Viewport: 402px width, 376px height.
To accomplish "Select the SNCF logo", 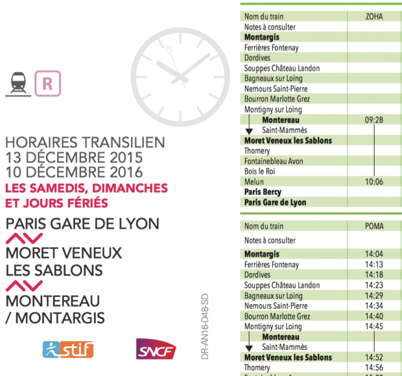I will pyautogui.click(x=156, y=350).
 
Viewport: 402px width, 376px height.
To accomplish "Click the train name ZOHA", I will pyautogui.click(x=373, y=16).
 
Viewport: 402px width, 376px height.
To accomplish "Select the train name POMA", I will pyautogui.click(x=373, y=226).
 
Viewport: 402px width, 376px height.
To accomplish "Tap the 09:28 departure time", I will pyautogui.click(x=373, y=120).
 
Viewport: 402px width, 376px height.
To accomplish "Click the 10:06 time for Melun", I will pyautogui.click(x=373, y=182).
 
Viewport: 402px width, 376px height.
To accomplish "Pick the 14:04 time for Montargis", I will pyautogui.click(x=373, y=254).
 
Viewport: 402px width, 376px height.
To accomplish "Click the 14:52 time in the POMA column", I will pyautogui.click(x=373, y=357).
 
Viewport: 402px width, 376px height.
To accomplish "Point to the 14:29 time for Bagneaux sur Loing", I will pyautogui.click(x=373, y=295).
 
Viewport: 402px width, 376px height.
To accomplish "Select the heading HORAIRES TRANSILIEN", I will pyautogui.click(x=85, y=142).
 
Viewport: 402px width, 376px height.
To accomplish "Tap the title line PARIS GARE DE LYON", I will pyautogui.click(x=82, y=224).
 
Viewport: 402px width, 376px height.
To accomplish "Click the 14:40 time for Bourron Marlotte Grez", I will pyautogui.click(x=373, y=316).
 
